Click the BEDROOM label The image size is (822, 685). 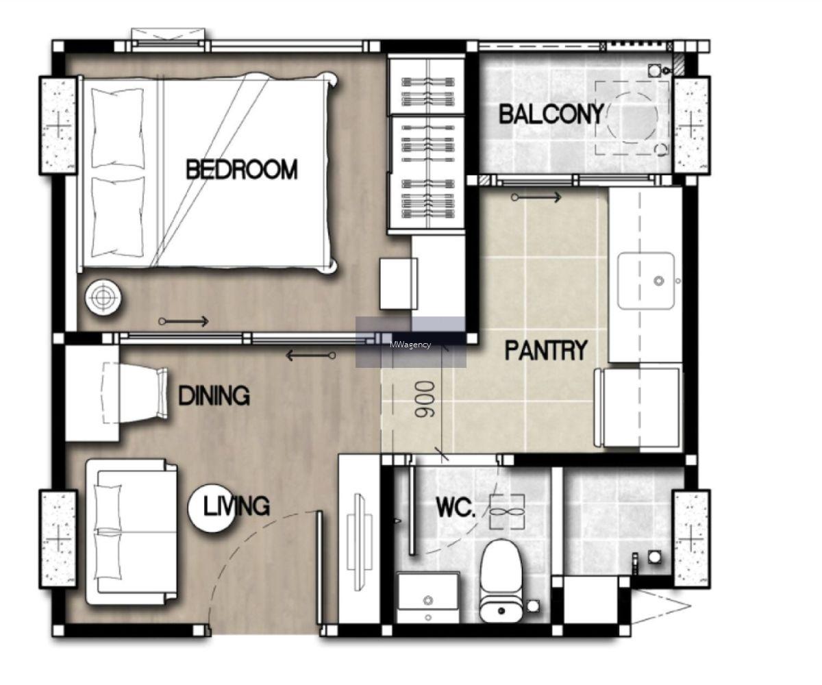(x=242, y=169)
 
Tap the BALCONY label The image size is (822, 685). (x=551, y=114)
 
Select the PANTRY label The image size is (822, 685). (x=546, y=350)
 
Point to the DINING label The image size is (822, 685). (x=214, y=396)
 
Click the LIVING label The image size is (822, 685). (x=236, y=506)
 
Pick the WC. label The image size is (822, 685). (x=456, y=508)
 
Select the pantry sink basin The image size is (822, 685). (x=646, y=281)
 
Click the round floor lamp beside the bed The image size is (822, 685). (x=103, y=297)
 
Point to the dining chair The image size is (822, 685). (x=135, y=393)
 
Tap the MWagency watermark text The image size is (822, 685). (x=410, y=345)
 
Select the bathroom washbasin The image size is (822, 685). (x=428, y=597)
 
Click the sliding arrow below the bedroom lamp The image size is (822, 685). (x=184, y=322)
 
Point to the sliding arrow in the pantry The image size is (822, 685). (x=536, y=197)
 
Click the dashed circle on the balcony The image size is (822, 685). (x=632, y=118)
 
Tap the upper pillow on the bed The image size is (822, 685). (x=118, y=127)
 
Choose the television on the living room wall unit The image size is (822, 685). (x=359, y=543)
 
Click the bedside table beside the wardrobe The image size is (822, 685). (x=399, y=284)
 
